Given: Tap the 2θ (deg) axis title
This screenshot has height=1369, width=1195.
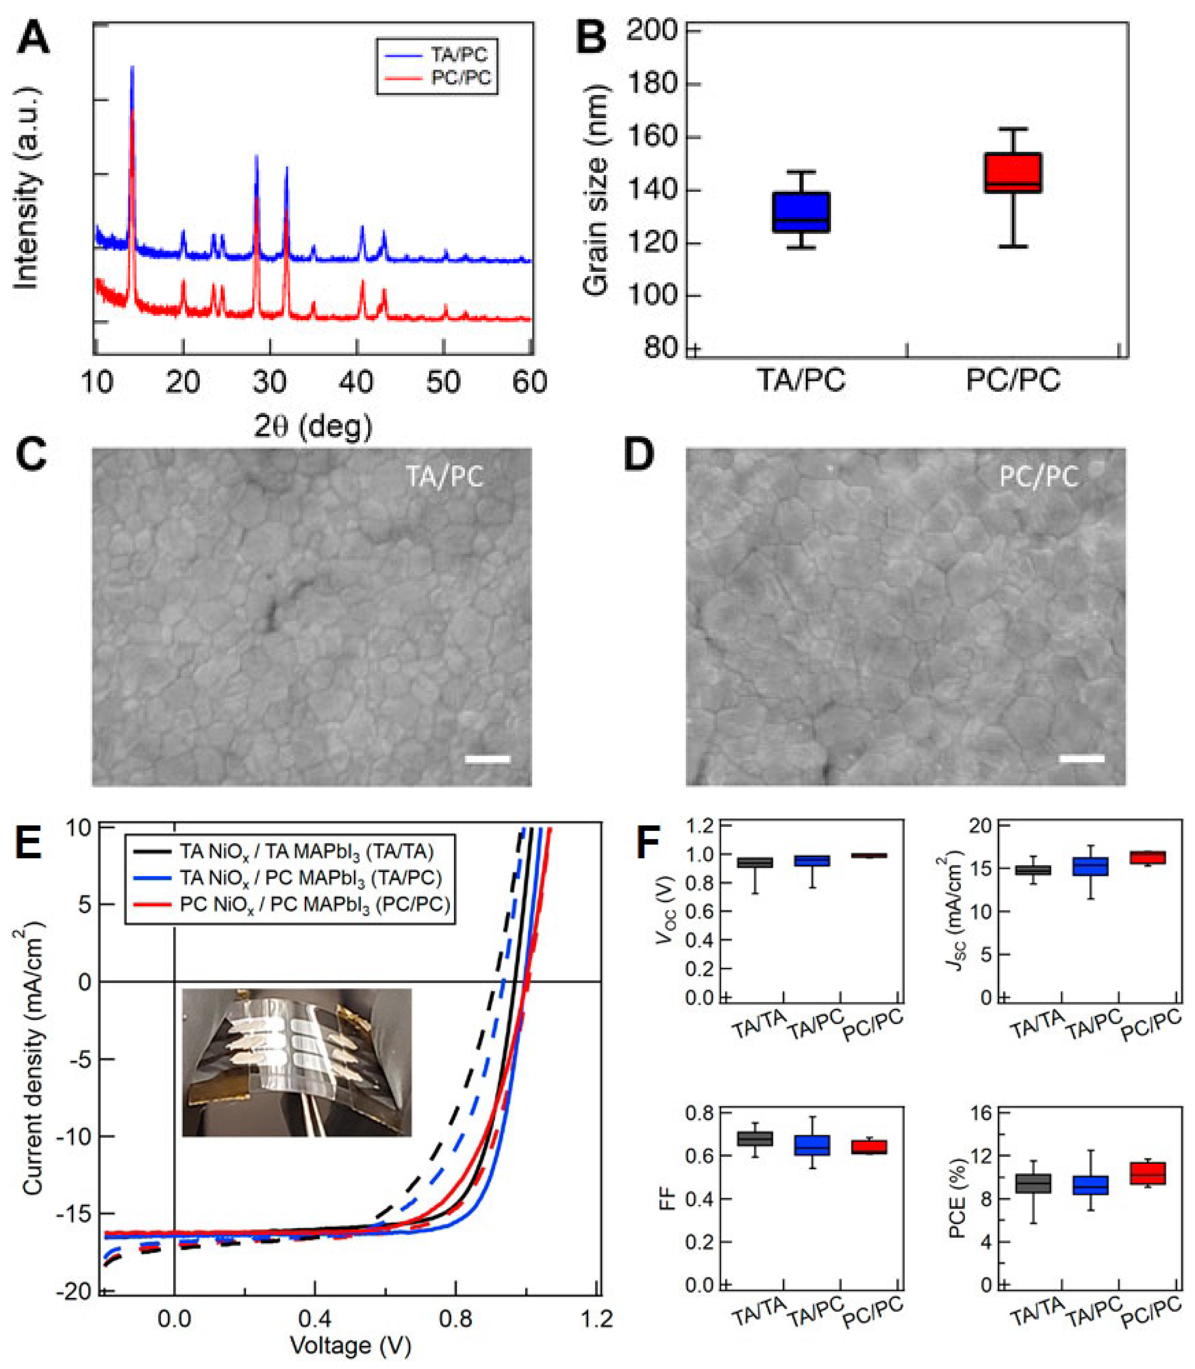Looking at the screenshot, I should tap(313, 426).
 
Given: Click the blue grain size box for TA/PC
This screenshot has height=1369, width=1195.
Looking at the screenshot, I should tap(801, 212).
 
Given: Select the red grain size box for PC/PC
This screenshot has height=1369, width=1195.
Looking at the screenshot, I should tap(1014, 173).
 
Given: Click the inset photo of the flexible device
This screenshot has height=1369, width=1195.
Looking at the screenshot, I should tap(297, 1062).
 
